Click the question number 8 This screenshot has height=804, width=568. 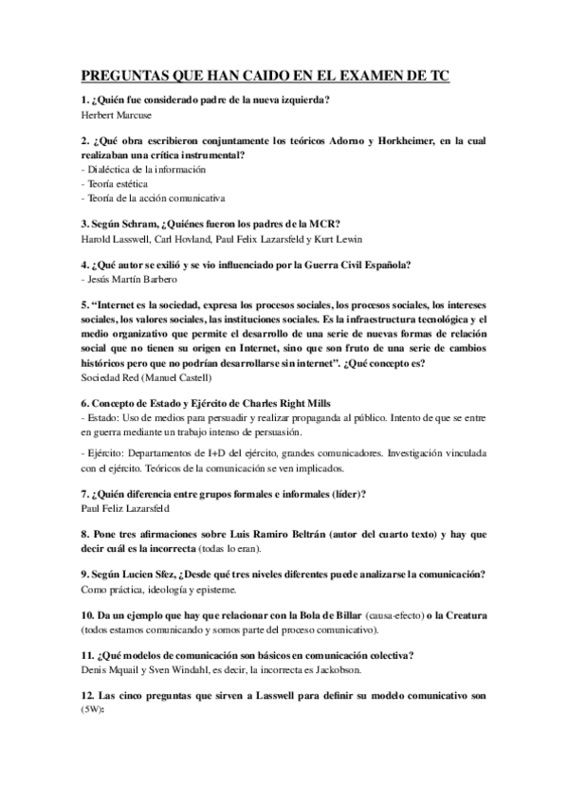click(85, 534)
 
